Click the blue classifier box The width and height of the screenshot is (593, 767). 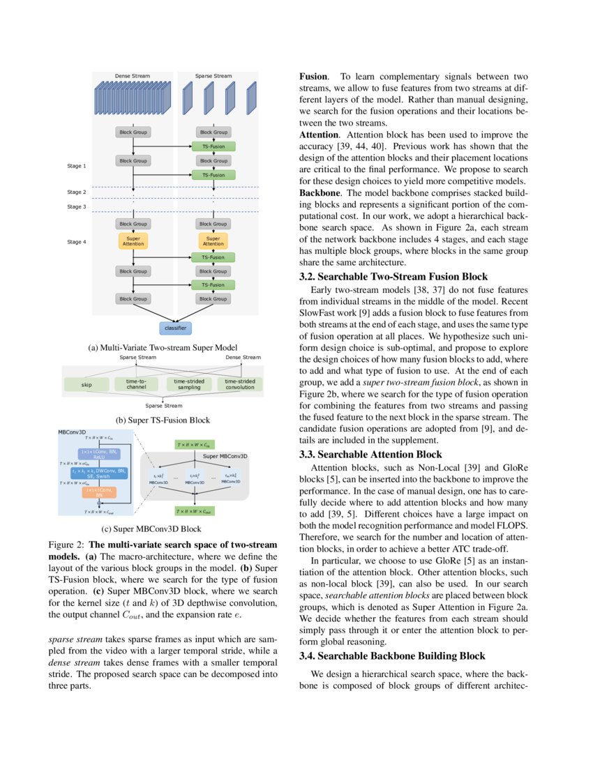(x=173, y=327)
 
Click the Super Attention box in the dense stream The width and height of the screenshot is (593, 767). (x=133, y=241)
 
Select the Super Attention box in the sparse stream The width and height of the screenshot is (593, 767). (x=213, y=241)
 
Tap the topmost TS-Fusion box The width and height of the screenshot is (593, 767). (x=213, y=146)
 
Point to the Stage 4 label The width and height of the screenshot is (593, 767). (x=77, y=242)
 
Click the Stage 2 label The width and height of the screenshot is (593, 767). (x=77, y=192)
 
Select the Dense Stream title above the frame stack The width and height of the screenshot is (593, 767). (x=133, y=75)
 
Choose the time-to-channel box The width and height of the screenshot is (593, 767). (x=136, y=384)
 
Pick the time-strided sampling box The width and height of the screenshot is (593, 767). (x=188, y=384)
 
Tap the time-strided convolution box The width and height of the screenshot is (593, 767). (x=239, y=384)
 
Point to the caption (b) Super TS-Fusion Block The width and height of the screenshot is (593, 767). (x=163, y=420)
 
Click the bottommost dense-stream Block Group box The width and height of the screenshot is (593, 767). (x=133, y=299)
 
